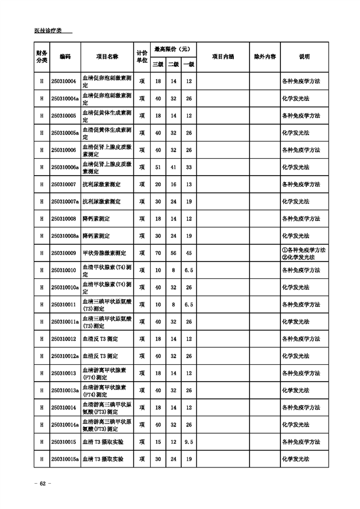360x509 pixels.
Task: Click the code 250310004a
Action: pyautogui.click(x=64, y=99)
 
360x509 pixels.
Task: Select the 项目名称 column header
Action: pyautogui.click(x=107, y=57)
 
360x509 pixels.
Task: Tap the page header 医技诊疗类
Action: pyautogui.click(x=48, y=30)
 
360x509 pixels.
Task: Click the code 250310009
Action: pyautogui.click(x=63, y=253)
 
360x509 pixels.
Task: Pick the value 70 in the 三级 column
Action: pyautogui.click(x=158, y=253)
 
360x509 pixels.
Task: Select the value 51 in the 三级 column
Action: pyautogui.click(x=158, y=167)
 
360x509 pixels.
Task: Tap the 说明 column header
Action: pyautogui.click(x=304, y=57)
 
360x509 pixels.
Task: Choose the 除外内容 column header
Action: pyautogui.click(x=265, y=57)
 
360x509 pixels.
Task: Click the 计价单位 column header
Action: pyautogui.click(x=142, y=57)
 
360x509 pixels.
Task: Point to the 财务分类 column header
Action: pyautogui.click(x=41, y=57)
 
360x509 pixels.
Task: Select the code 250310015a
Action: pyautogui.click(x=64, y=458)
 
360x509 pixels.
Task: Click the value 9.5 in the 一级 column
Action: pyautogui.click(x=189, y=442)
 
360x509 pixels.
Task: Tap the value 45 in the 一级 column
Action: pyautogui.click(x=189, y=253)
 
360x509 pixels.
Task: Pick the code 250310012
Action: pyautogui.click(x=63, y=339)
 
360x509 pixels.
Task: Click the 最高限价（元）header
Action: pyautogui.click(x=173, y=49)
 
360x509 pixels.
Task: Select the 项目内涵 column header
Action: pyautogui.click(x=223, y=57)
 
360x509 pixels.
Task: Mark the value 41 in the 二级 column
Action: pyautogui.click(x=173, y=167)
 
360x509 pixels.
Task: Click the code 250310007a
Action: pyautogui.click(x=64, y=201)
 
